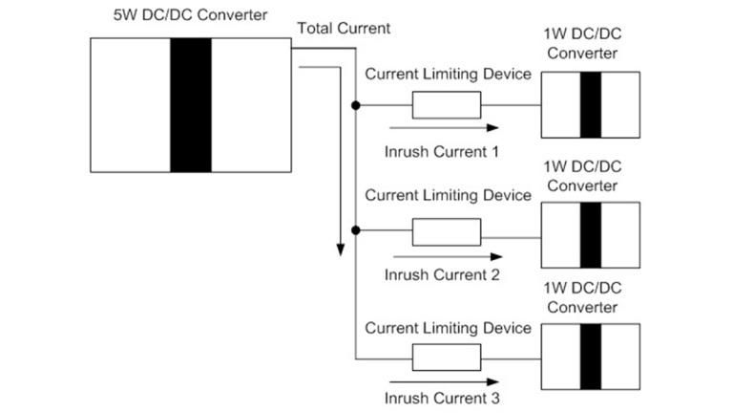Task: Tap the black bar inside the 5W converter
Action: tap(190, 105)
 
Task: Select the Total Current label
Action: tap(344, 29)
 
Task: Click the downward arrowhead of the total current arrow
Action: tap(339, 250)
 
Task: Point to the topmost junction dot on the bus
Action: tap(355, 104)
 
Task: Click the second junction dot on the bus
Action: tap(355, 230)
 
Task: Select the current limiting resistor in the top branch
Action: tap(446, 104)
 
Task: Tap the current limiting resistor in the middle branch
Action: tap(446, 231)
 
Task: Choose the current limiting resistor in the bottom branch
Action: tap(446, 359)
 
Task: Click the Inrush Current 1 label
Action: tap(442, 150)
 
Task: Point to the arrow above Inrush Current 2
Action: tap(446, 255)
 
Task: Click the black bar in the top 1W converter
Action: tap(591, 105)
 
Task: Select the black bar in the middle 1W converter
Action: tap(591, 234)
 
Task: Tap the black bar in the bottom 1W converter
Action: tap(591, 358)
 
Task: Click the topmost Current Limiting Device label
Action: tap(448, 75)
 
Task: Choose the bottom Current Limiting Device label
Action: tap(448, 328)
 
